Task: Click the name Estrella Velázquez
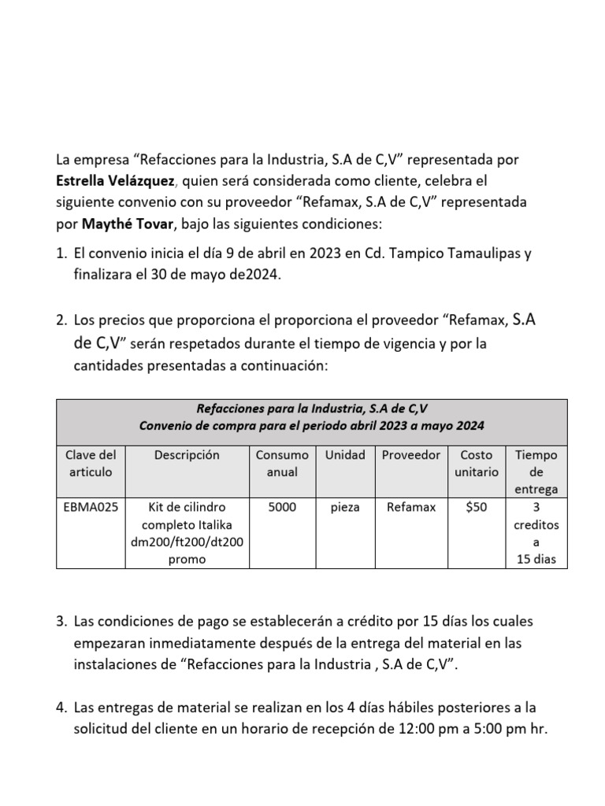[x=115, y=181]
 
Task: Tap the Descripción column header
[x=187, y=456]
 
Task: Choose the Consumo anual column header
[x=282, y=464]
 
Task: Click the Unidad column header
[x=345, y=456]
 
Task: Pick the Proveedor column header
[x=410, y=456]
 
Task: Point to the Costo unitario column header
[x=477, y=464]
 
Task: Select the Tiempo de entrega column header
[x=536, y=471]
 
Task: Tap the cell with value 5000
[x=282, y=508]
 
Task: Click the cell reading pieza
[x=345, y=508]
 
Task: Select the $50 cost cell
[x=477, y=508]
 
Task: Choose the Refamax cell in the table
[x=410, y=508]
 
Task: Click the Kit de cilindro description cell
[x=187, y=533]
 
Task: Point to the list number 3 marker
[x=61, y=622]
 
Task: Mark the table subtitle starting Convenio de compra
[x=311, y=426]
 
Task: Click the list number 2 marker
[x=61, y=321]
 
